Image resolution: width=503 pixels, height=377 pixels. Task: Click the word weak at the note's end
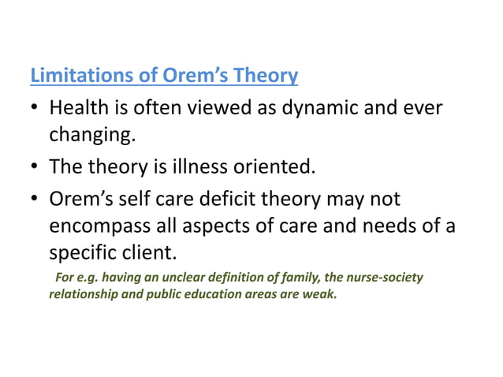pyautogui.click(x=320, y=294)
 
